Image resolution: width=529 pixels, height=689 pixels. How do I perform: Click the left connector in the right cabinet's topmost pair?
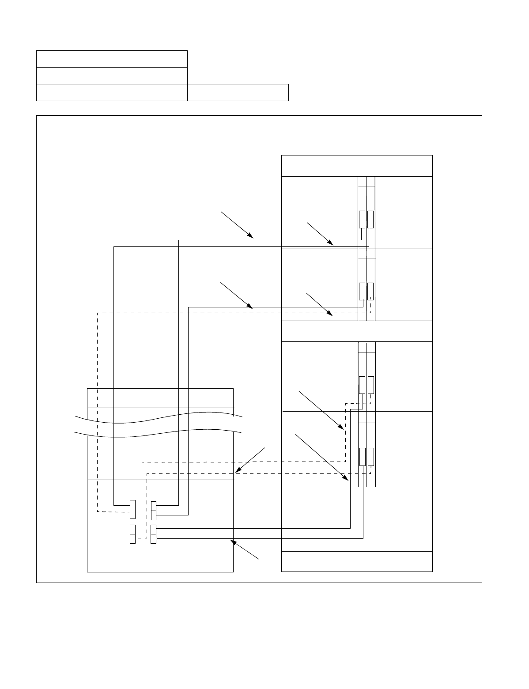point(362,220)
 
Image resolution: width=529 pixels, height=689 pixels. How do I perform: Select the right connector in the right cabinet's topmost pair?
point(370,220)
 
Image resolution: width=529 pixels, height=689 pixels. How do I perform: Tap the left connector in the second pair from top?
point(362,291)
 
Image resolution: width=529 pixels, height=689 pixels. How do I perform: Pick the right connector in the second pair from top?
point(370,291)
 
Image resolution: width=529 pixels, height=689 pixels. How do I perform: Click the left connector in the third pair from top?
point(362,385)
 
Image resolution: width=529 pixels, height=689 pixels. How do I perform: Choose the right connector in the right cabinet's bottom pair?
point(370,456)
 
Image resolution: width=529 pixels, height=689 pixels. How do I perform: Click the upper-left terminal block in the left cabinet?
point(132,509)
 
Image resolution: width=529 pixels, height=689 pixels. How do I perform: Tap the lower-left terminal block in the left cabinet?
point(132,534)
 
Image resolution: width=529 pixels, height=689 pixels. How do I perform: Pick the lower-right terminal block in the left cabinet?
point(153,534)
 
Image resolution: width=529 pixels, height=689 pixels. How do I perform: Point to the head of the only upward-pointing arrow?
point(231,541)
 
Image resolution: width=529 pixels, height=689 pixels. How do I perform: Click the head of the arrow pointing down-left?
point(237,472)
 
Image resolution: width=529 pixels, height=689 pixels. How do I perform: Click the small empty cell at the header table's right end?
point(238,92)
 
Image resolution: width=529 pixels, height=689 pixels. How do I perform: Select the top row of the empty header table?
point(112,59)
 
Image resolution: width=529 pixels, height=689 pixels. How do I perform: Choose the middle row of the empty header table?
point(112,76)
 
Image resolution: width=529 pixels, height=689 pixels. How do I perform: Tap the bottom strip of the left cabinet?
point(160,561)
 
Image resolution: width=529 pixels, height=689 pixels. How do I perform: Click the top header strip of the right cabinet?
point(357,166)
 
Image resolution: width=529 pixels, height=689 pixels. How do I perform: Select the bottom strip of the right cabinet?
point(357,561)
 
